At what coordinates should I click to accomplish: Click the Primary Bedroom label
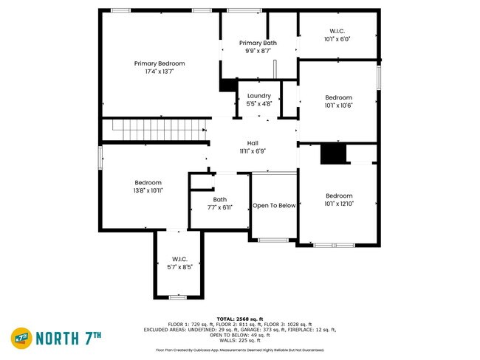160,68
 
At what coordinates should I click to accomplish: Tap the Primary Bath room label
261,47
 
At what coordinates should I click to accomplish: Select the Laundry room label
259,100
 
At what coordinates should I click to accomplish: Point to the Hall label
253,147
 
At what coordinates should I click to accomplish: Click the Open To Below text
274,205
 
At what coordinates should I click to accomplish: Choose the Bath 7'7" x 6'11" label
220,203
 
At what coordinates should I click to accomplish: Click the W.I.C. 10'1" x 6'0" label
337,35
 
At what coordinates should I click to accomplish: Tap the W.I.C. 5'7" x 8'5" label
179,263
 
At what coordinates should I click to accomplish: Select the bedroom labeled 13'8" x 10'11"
148,186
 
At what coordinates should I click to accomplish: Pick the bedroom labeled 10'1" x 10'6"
339,101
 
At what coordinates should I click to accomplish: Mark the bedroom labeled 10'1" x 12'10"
339,199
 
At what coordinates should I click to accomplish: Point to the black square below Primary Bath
227,86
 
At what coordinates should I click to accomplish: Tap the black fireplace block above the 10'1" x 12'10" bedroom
334,154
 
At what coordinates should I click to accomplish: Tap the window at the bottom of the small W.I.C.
177,297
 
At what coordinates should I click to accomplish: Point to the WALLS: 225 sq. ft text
240,340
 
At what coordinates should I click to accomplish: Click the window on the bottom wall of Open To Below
273,240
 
